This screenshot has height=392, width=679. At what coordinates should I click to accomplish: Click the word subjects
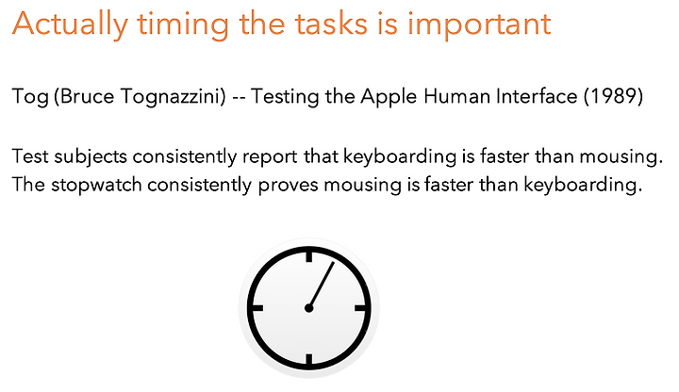coord(91,157)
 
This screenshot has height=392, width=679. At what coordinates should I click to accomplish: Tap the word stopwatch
coord(96,186)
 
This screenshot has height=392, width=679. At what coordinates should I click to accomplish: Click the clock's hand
coord(322,285)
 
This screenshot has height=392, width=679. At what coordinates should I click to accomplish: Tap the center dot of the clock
coord(308,308)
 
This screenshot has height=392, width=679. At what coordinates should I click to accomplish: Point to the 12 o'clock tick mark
coord(308,255)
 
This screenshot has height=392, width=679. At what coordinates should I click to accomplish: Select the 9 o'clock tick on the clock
coord(256,308)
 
